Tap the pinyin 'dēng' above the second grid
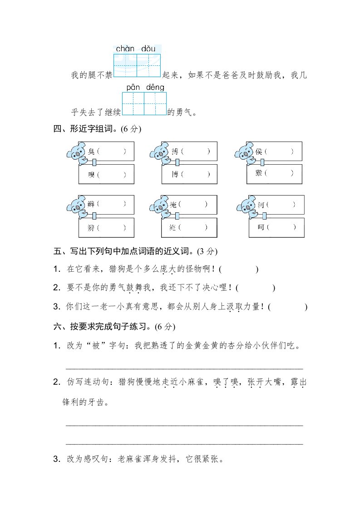click(x=156, y=87)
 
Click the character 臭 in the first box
click(x=92, y=152)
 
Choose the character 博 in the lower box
click(x=175, y=174)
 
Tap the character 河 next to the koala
click(x=261, y=205)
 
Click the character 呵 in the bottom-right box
click(x=261, y=228)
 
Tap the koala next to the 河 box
click(x=246, y=207)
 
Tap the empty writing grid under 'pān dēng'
click(x=144, y=104)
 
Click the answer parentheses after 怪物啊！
click(x=238, y=269)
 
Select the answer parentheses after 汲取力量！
click(x=288, y=307)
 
